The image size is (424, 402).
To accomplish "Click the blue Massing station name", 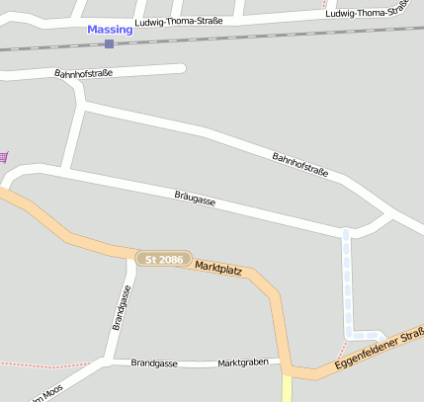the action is [x=109, y=30].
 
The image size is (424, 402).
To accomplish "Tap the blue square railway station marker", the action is [x=109, y=43].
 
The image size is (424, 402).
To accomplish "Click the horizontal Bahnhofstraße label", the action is [x=83, y=73].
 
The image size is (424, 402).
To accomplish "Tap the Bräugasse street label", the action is [x=195, y=198].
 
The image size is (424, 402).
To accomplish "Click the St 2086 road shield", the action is [x=163, y=259].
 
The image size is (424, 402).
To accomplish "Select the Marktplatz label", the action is [x=218, y=267].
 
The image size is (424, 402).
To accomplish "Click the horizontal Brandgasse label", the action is [x=154, y=363].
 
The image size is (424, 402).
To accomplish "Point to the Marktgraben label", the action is [x=243, y=362].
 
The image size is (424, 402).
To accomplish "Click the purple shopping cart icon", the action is [x=4, y=156].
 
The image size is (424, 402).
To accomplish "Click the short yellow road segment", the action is [x=288, y=388].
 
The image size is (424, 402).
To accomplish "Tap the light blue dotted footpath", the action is [x=347, y=286].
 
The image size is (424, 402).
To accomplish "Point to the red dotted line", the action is [x=49, y=362].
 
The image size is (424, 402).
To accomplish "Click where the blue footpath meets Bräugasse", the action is [x=346, y=233].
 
